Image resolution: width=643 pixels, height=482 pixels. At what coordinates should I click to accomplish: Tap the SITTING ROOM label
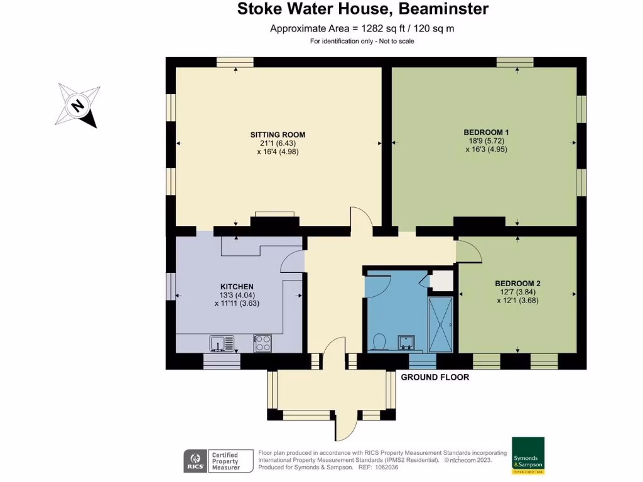[x=278, y=135]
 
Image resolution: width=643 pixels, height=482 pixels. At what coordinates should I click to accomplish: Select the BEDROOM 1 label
[x=486, y=132]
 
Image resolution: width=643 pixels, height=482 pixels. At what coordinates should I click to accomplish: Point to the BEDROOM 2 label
[x=517, y=284]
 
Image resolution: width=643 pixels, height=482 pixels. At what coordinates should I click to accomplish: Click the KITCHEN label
[x=236, y=286]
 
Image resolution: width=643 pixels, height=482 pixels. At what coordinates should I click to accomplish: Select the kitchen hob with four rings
[x=262, y=343]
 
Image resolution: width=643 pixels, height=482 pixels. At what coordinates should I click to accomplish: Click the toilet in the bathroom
[x=379, y=341]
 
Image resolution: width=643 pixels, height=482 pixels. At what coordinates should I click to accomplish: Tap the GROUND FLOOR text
[x=435, y=377]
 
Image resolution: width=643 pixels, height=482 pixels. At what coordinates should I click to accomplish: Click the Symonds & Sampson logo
[x=527, y=455]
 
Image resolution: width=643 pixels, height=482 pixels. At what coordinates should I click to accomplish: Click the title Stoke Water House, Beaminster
[x=362, y=9]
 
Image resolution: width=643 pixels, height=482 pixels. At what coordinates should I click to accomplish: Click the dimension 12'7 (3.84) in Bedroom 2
[x=517, y=292]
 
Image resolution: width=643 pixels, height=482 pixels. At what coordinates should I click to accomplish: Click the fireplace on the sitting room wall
[x=273, y=220]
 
